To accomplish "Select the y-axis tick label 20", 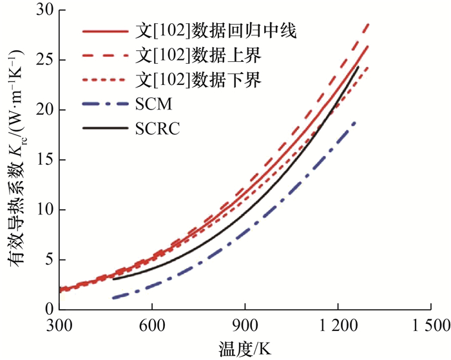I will pyautogui.click(x=44, y=110).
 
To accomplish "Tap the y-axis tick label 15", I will pyautogui.click(x=44, y=160).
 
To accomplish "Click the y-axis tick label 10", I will pyautogui.click(x=44, y=210).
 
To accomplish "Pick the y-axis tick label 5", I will pyautogui.click(x=48, y=260).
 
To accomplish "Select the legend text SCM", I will pyautogui.click(x=154, y=103).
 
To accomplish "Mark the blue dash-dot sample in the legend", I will pyautogui.click(x=106, y=103).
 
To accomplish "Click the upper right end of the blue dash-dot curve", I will pyautogui.click(x=355, y=121).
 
